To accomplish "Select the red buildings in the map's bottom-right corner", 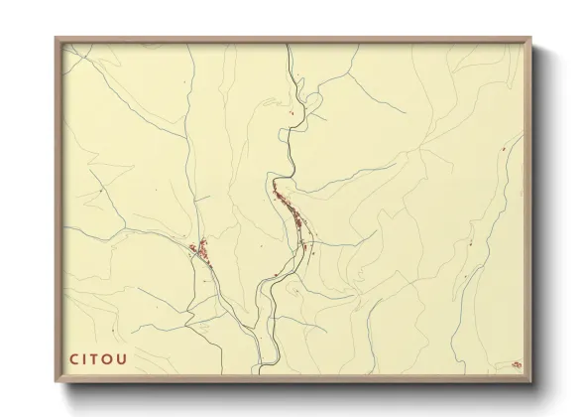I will [x=516, y=365].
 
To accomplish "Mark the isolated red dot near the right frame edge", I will [x=505, y=149].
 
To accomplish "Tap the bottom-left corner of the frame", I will [x=57, y=381].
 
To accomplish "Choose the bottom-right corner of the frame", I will [x=531, y=381].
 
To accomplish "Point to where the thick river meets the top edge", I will [x=290, y=44].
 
